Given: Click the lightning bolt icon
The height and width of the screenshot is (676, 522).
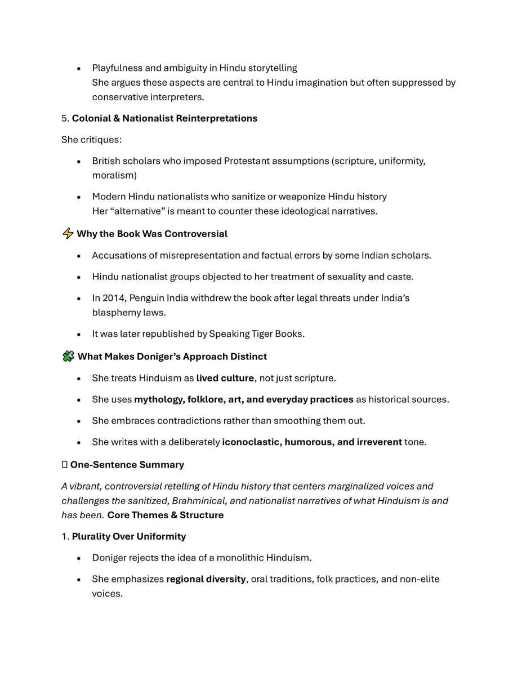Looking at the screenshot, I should pos(68,234).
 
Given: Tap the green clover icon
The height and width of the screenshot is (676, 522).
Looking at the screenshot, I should pos(68,357).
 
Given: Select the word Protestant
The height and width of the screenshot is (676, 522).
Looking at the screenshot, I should pos(248,161).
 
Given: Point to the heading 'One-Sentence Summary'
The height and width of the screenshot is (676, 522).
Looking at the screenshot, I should pos(127,465).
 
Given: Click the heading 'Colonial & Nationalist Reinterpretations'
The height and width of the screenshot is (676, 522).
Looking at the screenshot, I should pos(164,118).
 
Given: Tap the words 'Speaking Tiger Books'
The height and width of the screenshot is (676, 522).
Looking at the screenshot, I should pos(256,333).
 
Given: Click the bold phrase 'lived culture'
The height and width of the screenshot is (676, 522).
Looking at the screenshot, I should pos(225,378).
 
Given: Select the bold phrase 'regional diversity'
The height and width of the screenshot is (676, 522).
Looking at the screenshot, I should pos(206,579).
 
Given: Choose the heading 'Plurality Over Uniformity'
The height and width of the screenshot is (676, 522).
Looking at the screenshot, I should pos(128,536).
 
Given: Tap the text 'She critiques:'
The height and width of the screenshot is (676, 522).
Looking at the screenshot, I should pos(91,140).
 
